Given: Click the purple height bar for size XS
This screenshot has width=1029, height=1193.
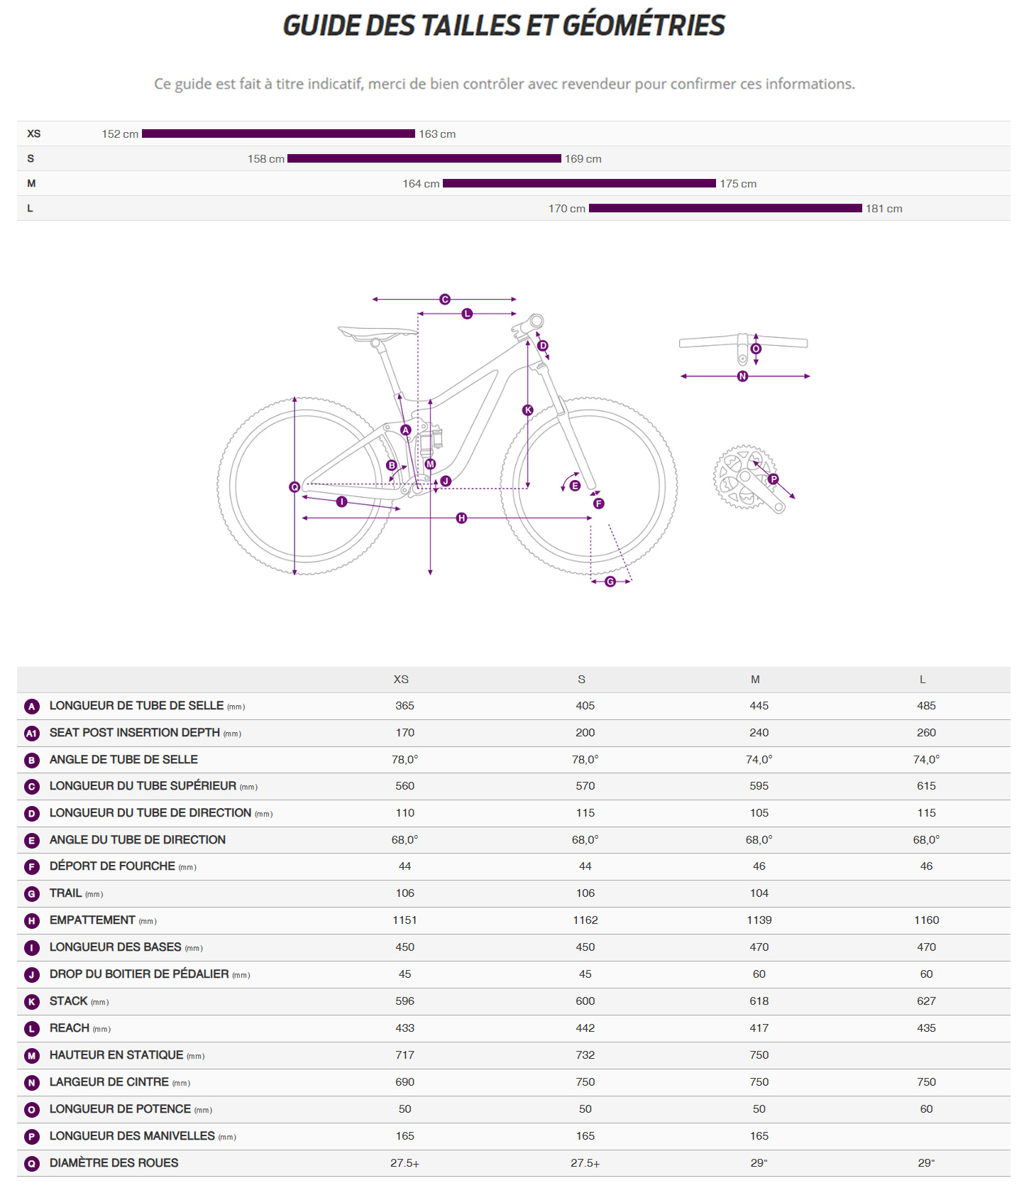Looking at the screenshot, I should (278, 134).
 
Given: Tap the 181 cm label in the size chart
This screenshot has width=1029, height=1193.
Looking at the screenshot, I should (884, 209).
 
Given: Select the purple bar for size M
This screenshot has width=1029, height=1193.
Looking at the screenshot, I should (579, 183).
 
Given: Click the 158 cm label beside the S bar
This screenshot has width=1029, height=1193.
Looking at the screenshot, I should (265, 159).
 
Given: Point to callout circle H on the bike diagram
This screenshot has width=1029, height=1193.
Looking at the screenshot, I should (461, 518).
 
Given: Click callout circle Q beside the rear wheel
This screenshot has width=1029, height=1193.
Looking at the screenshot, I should (295, 487).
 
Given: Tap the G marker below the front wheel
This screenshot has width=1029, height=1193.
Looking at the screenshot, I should (610, 582).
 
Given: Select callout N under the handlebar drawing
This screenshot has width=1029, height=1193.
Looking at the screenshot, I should (742, 376).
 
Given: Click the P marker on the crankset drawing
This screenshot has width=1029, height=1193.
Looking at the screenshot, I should (774, 479).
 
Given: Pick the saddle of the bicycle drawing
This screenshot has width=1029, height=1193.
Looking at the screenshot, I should (376, 332).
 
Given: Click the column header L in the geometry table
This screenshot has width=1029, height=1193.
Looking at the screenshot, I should (923, 680).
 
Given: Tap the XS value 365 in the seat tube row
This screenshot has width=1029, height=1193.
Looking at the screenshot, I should (405, 706).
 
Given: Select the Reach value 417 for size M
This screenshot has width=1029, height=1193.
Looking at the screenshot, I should (759, 1028).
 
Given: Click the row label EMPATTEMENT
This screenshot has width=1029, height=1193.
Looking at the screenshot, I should (92, 920).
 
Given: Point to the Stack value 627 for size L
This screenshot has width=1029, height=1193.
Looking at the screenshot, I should (926, 1001).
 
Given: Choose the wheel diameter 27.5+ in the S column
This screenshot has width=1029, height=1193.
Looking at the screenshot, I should (585, 1163).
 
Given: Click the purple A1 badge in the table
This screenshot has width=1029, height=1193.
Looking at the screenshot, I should (31, 734).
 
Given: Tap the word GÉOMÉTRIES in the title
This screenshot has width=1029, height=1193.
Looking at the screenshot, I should (644, 26).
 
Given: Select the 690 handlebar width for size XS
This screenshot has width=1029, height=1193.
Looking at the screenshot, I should (405, 1082).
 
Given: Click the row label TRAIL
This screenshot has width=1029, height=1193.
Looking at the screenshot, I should (66, 893).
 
